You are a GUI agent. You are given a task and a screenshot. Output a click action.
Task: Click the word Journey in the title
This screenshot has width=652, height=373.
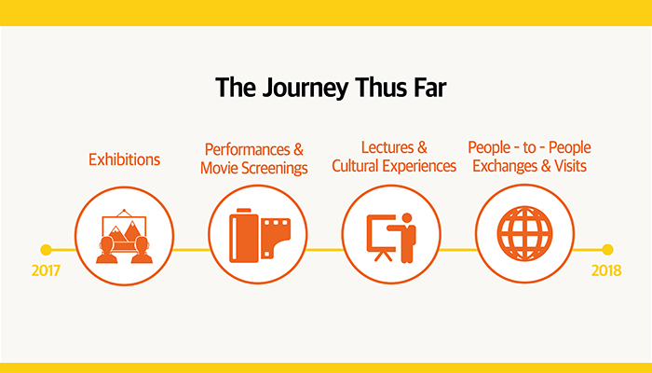(x=306, y=89)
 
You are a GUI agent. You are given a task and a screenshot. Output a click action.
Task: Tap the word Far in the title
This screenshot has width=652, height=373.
(x=430, y=88)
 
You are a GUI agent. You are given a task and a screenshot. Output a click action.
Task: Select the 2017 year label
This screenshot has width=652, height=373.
(x=46, y=270)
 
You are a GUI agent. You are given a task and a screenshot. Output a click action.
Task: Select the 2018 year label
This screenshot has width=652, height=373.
(x=606, y=270)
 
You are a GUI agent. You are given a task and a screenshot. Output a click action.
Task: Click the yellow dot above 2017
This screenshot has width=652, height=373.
(x=46, y=250)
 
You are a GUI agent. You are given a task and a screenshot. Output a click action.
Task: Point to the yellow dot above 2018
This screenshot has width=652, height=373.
(x=607, y=250)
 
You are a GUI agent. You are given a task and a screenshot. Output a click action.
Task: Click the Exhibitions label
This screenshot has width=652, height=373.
(x=124, y=159)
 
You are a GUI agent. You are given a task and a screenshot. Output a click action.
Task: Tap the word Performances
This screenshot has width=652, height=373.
(x=248, y=149)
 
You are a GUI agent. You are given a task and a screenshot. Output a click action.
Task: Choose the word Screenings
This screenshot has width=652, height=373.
(x=275, y=168)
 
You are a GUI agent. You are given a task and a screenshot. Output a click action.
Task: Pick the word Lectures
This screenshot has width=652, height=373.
(x=387, y=147)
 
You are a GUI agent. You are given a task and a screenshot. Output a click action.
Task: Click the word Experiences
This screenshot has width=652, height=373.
(x=419, y=166)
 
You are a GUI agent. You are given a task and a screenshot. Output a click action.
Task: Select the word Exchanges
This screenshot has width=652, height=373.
(x=505, y=166)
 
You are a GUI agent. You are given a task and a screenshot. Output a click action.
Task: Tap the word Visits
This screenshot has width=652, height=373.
(x=570, y=166)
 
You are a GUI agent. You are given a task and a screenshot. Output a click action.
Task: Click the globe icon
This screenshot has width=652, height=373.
(x=524, y=233)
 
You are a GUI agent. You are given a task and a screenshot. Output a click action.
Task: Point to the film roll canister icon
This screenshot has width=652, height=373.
(x=244, y=236)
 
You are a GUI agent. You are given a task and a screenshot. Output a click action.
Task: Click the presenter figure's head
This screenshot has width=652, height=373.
(x=407, y=217)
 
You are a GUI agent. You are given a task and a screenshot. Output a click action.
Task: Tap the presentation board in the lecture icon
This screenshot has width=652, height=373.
(x=380, y=233)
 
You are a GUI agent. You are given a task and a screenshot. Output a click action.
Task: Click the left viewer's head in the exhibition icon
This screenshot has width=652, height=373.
(x=107, y=243)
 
